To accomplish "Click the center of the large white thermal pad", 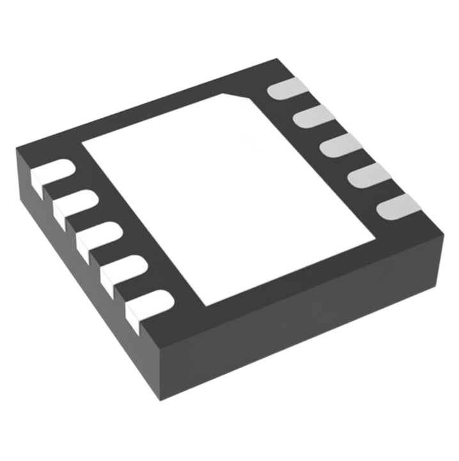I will tap(227, 195).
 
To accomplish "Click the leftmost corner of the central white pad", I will tap(84, 142).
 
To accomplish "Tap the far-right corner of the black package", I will tap(442, 233).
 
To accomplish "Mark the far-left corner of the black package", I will tap(18, 148).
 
